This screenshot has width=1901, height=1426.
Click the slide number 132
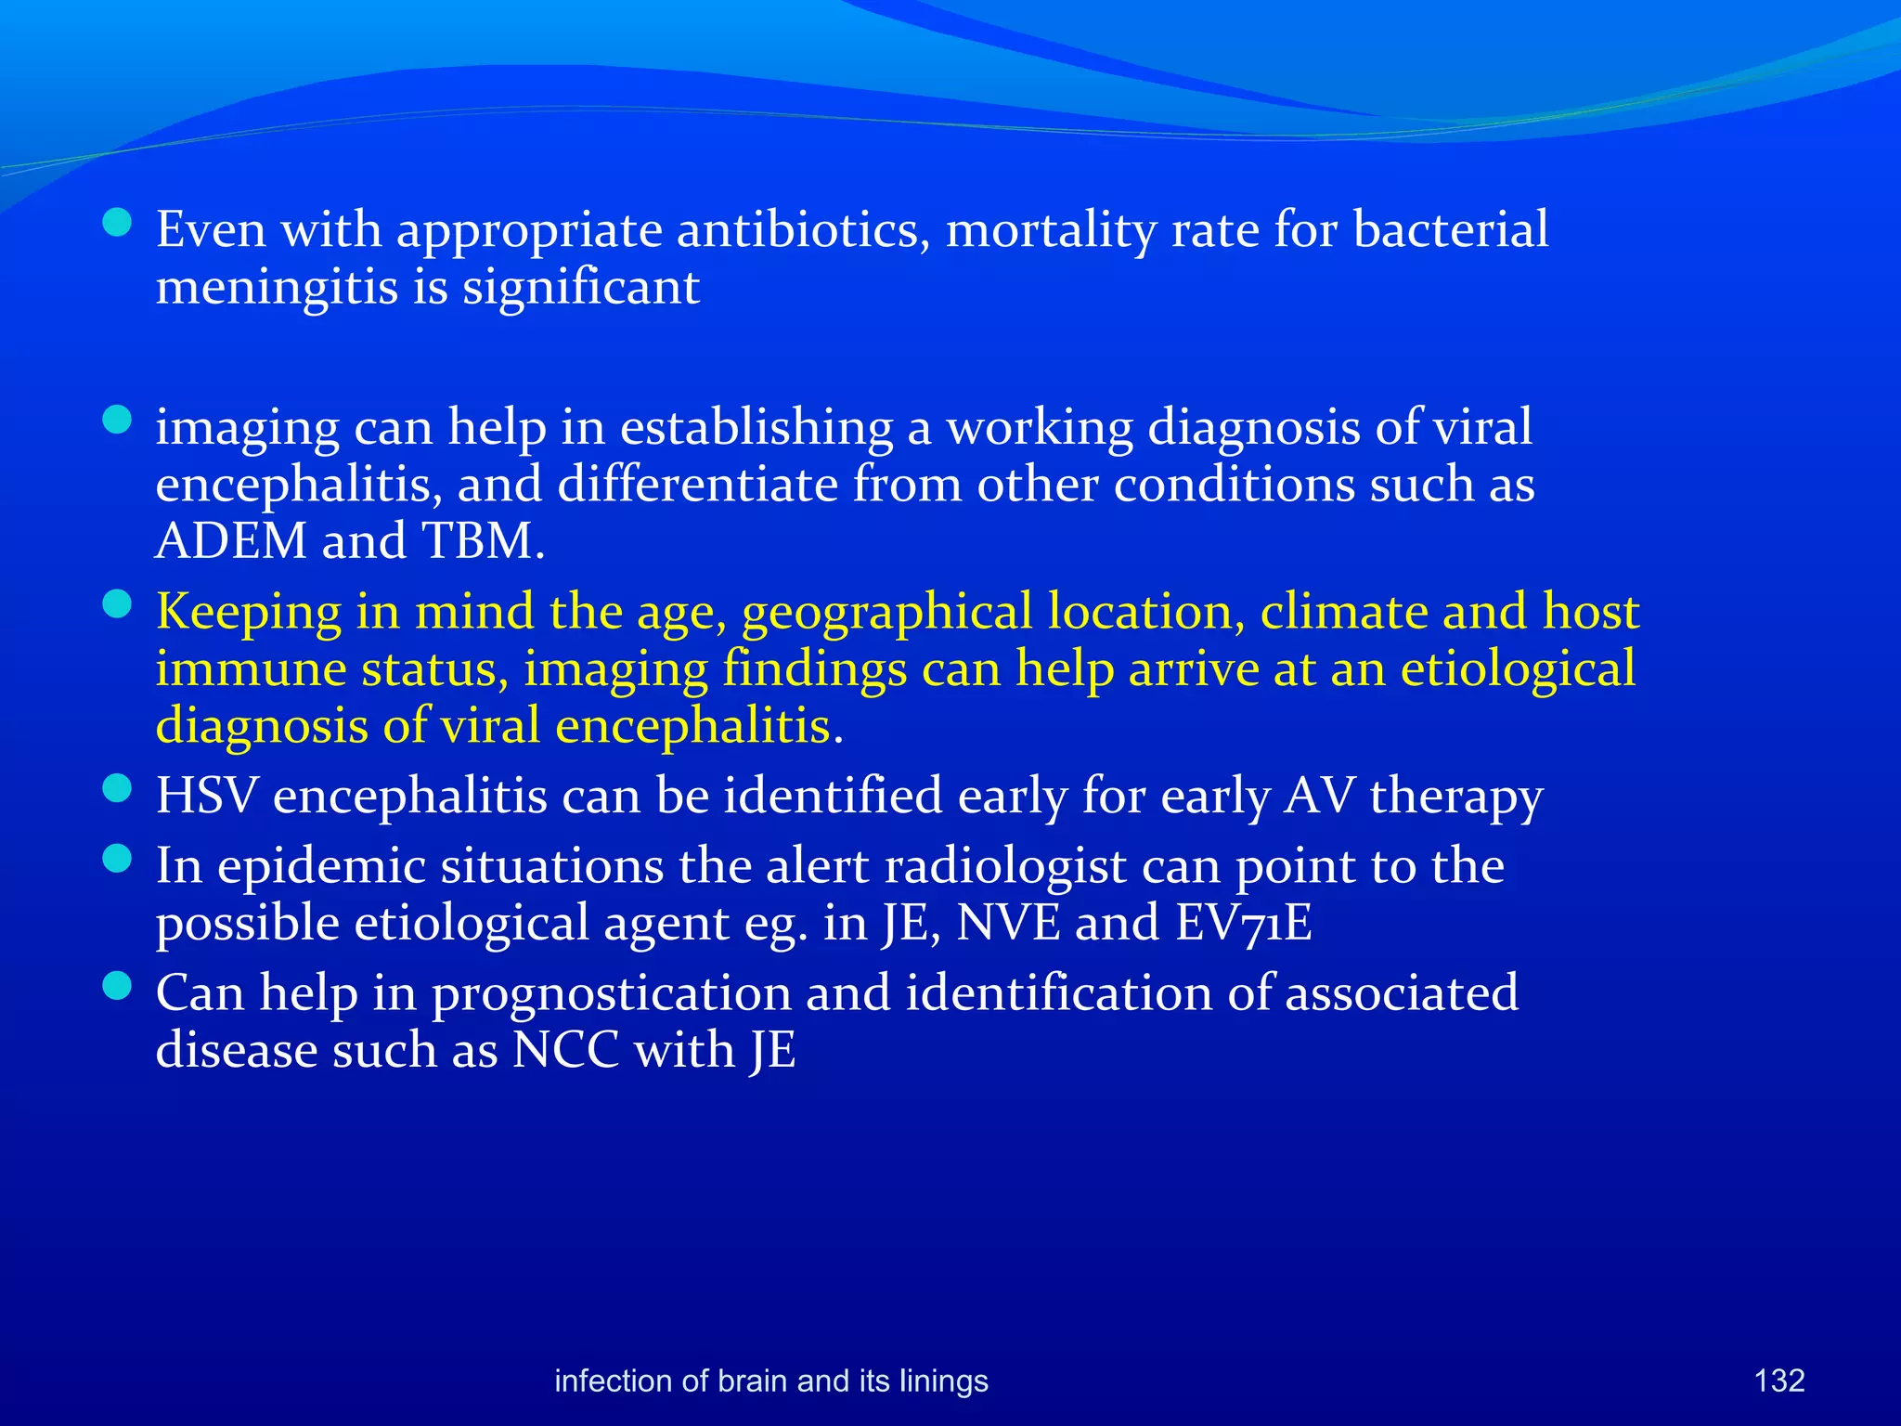1778,1381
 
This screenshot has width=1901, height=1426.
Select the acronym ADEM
230,541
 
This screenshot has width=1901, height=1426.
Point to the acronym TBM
481,541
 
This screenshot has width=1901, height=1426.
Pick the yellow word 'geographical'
886,613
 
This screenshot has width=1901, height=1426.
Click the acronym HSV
206,797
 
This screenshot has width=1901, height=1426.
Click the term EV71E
1244,923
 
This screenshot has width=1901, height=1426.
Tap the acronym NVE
1008,923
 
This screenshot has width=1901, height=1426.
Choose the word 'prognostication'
611,993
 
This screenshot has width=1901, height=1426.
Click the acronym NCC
565,1050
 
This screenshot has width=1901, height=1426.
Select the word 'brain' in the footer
753,1381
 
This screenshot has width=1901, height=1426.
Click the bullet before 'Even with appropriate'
117,223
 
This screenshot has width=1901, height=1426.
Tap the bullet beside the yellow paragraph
117,606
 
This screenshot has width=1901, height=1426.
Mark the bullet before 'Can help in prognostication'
117,986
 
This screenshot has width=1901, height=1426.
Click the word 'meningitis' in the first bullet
277,287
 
